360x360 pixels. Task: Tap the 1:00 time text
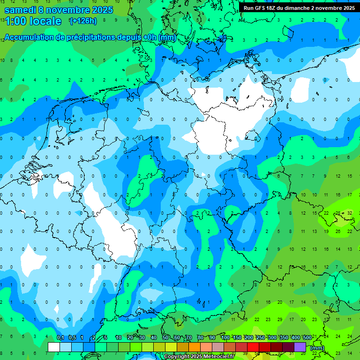tap(15, 21)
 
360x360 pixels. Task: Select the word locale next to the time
tap(45, 21)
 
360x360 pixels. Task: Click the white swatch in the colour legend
tap(54, 347)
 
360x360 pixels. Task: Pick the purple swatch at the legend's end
tap(300, 347)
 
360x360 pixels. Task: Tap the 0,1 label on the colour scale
tap(60, 338)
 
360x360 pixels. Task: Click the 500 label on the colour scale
tap(307, 338)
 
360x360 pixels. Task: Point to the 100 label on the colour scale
tap(225, 338)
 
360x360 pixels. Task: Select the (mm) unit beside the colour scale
tap(317, 348)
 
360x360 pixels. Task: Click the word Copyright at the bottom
tap(177, 357)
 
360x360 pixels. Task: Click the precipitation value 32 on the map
tap(350, 213)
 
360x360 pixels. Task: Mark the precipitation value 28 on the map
tap(338, 213)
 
